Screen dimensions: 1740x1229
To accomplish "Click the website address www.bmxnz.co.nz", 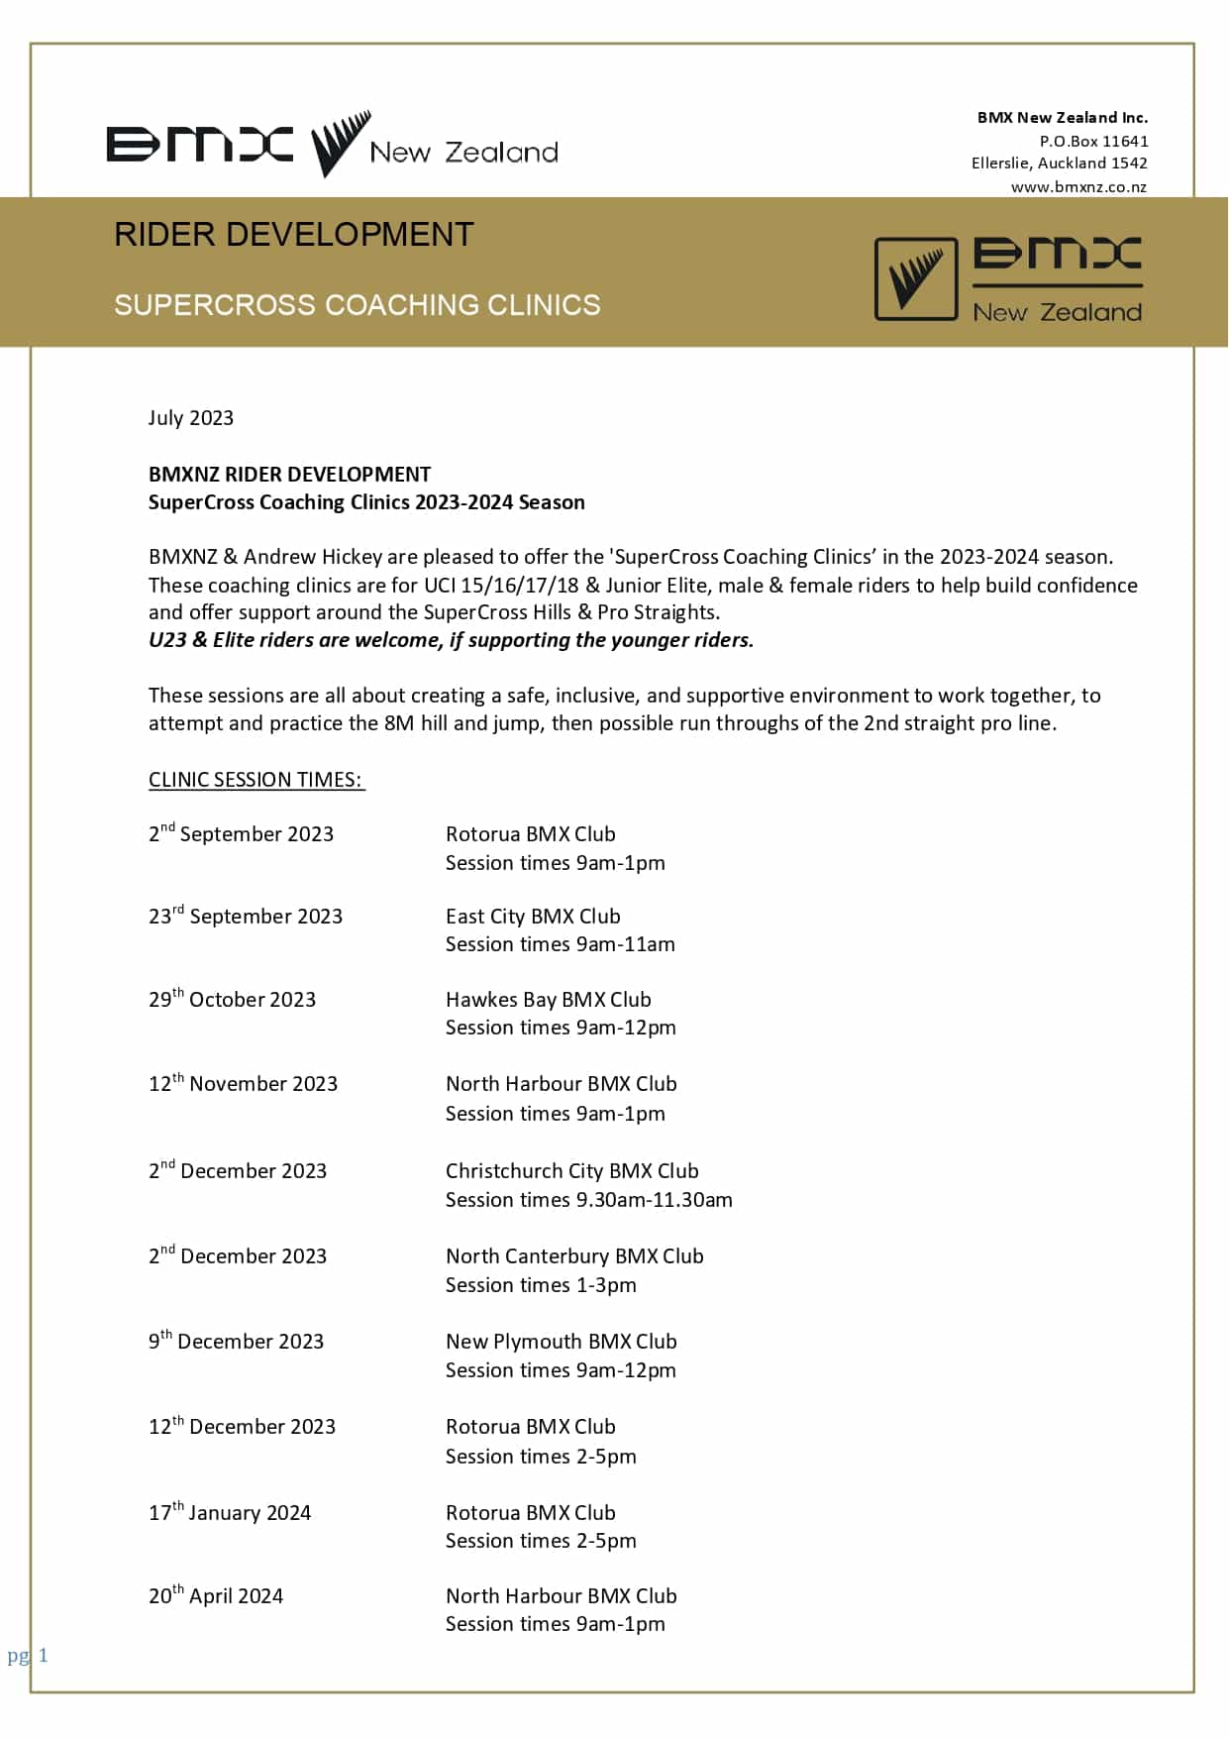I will [x=1078, y=187].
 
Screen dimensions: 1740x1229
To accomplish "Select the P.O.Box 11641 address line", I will [x=1093, y=141].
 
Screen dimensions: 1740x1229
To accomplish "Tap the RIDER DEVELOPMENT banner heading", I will [x=294, y=235].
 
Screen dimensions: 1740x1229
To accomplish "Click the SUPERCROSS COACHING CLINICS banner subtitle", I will [x=357, y=304].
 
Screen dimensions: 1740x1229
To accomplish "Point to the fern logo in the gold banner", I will [x=916, y=279].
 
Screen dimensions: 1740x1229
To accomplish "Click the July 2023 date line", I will [x=191, y=418].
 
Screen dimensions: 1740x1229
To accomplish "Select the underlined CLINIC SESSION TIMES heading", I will [x=256, y=780].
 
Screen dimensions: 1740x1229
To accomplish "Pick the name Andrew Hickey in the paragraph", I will [x=313, y=557].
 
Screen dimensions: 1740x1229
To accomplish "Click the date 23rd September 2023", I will [x=246, y=917].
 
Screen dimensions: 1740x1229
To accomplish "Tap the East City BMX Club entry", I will [x=533, y=917].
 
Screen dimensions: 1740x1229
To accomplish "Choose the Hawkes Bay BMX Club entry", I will [x=548, y=1000].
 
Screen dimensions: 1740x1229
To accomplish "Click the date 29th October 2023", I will [x=232, y=1000].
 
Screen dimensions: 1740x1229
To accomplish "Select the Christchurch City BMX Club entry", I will [x=571, y=1171].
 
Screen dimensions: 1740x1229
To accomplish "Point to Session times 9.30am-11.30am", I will [x=588, y=1200].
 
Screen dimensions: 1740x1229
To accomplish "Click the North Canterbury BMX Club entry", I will [x=574, y=1256].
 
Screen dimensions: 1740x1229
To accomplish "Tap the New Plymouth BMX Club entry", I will [x=561, y=1342].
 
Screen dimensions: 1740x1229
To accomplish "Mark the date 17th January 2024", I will [x=230, y=1513].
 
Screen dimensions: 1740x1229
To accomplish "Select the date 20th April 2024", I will [x=216, y=1596].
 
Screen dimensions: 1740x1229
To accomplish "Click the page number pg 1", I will [x=28, y=1656].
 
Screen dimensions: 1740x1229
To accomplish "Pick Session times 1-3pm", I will [x=541, y=1285].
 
